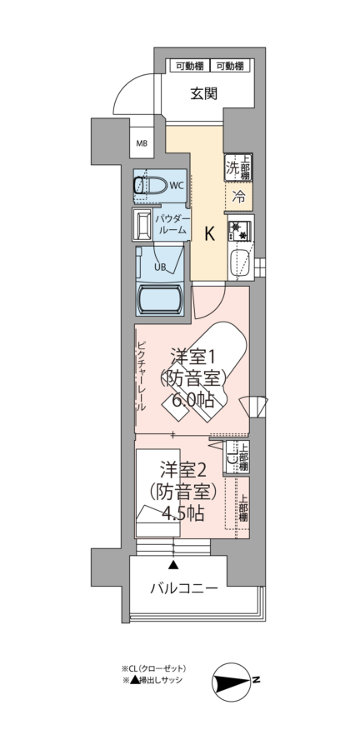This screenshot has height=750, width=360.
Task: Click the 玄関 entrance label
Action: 205,93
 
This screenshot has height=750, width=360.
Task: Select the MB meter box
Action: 142,143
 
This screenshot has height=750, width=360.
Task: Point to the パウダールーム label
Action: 172,224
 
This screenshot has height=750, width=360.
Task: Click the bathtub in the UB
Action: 159,300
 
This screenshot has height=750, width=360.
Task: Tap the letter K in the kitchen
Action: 209,234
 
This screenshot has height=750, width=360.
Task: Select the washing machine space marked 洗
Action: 232,167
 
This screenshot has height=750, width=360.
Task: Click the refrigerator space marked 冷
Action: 238,196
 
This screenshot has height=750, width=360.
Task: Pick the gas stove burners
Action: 241,229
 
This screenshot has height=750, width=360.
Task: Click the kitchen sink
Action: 241,264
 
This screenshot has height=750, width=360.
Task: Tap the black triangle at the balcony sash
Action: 173,565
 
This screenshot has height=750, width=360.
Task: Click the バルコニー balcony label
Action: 184,587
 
